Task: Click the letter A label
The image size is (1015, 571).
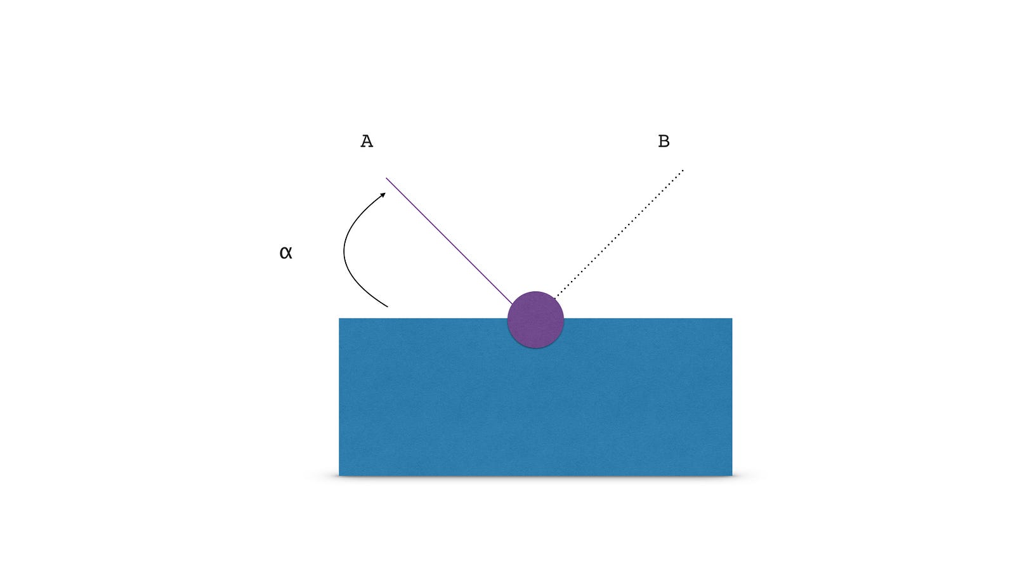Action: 367,141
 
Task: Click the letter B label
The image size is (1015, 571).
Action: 664,141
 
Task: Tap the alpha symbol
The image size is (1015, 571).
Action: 286,253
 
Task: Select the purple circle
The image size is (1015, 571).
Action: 535,320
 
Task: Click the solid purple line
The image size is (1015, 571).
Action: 449,240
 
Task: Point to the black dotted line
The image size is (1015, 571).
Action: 619,234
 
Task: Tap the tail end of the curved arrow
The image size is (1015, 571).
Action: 388,307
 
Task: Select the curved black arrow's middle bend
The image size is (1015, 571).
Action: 344,250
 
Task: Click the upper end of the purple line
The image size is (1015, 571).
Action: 386,178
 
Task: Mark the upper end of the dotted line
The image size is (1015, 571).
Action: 683,171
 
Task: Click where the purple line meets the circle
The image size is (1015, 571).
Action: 513,304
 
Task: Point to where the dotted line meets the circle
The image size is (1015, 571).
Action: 555,298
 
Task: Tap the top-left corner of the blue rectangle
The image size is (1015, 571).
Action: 339,318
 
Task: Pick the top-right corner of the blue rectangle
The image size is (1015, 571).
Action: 732,318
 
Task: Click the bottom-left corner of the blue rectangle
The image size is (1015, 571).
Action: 339,476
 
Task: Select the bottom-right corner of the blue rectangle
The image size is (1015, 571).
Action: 732,476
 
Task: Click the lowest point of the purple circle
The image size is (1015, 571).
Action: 535,348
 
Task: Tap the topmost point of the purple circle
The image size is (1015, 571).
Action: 535,291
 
